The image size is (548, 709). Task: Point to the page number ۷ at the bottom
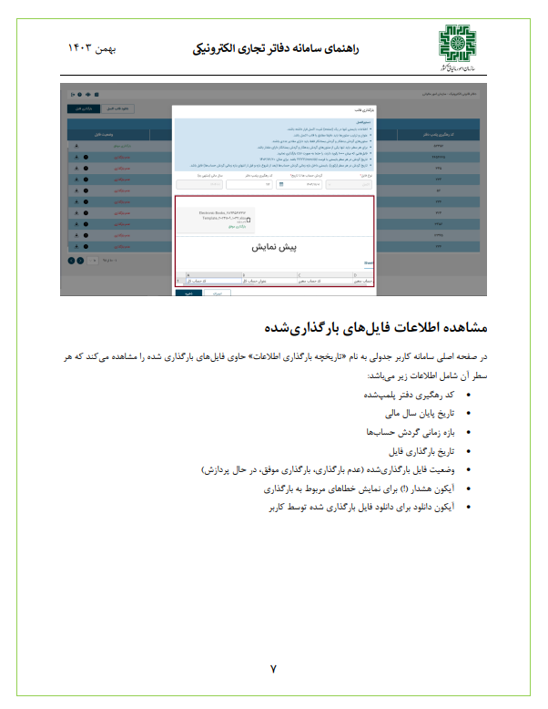273,668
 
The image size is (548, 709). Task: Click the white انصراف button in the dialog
216,294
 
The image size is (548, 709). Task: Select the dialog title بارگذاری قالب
364,108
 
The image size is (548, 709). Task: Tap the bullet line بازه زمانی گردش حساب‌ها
408,432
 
